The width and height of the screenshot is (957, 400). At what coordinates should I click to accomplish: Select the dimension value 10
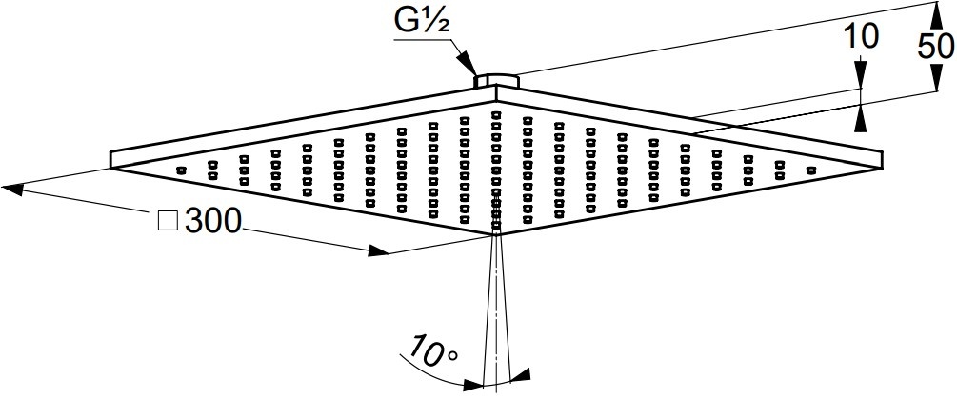860,37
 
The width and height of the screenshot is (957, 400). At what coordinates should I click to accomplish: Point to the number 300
213,221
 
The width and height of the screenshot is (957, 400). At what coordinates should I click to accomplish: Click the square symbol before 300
168,222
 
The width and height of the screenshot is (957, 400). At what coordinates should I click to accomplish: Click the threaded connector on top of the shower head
496,79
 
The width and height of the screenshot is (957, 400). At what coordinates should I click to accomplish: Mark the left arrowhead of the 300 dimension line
12,189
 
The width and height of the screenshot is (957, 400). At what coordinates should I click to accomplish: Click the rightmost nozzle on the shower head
811,170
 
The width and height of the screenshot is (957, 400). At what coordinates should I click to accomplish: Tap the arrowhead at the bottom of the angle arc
472,386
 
